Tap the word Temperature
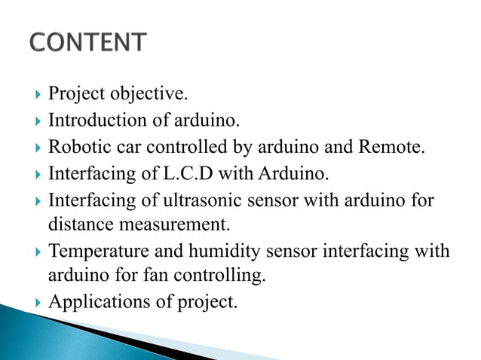96,251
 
